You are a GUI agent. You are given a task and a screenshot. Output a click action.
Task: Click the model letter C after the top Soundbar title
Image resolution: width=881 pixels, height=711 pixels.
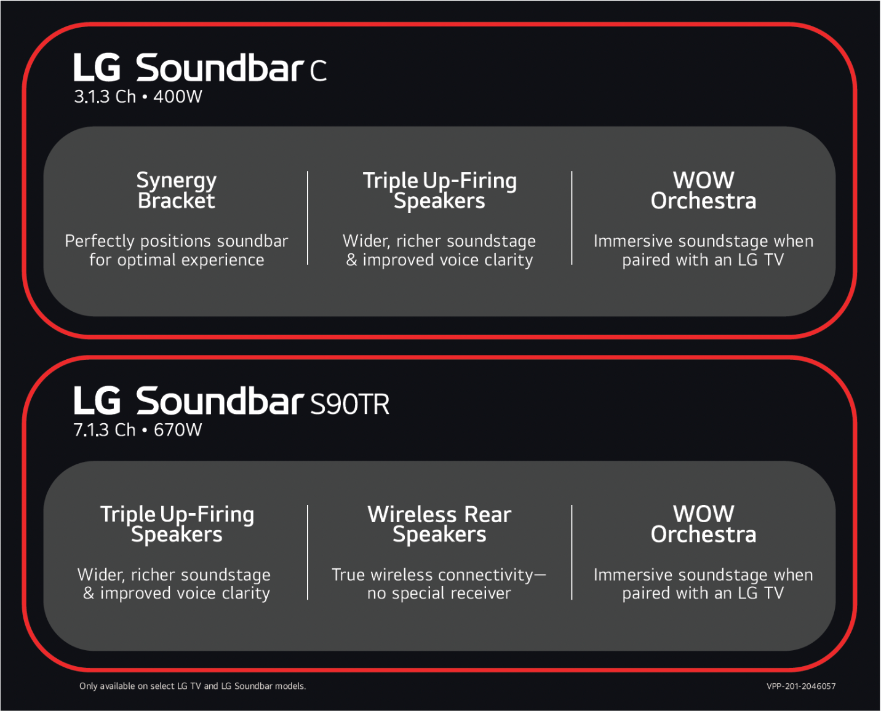pyautogui.click(x=318, y=70)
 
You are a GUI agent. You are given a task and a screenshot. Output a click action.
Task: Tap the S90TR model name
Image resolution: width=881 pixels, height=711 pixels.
pyautogui.click(x=349, y=404)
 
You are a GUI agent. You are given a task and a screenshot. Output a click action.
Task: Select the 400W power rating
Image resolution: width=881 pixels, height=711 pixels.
pyautogui.click(x=178, y=97)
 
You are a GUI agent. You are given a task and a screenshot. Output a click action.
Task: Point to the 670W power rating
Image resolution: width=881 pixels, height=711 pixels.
pyautogui.click(x=178, y=430)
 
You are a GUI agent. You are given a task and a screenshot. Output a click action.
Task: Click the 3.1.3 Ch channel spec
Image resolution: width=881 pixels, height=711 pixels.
pyautogui.click(x=105, y=97)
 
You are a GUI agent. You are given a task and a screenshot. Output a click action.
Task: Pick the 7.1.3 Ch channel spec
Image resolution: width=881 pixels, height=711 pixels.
pyautogui.click(x=105, y=430)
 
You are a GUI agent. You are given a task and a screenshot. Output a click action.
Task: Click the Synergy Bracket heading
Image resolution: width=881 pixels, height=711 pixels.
pyautogui.click(x=177, y=191)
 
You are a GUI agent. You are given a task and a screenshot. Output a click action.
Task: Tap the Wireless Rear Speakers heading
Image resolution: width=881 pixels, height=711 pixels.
pyautogui.click(x=440, y=524)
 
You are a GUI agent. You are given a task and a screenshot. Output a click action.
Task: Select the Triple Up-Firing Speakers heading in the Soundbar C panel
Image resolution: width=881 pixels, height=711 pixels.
pyautogui.click(x=440, y=191)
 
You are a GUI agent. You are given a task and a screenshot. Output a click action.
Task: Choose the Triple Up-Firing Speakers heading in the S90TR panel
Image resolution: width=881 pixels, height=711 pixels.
pyautogui.click(x=177, y=524)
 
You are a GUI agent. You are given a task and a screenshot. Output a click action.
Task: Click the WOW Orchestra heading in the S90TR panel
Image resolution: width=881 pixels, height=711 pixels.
pyautogui.click(x=704, y=524)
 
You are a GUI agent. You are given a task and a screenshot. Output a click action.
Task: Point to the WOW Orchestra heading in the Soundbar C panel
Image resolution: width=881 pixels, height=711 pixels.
pyautogui.click(x=704, y=191)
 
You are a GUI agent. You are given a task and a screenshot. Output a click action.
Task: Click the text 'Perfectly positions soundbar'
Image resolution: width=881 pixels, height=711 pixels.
pyautogui.click(x=177, y=241)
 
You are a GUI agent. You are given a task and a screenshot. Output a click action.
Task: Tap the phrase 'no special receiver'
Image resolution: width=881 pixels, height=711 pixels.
pyautogui.click(x=439, y=594)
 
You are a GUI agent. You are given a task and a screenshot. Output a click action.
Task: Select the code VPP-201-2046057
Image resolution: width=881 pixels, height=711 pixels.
pyautogui.click(x=801, y=686)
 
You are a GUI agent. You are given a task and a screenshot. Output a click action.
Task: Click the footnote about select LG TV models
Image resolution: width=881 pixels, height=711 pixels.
pyautogui.click(x=193, y=686)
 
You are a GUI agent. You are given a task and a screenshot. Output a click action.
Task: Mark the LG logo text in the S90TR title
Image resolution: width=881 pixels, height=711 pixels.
pyautogui.click(x=97, y=400)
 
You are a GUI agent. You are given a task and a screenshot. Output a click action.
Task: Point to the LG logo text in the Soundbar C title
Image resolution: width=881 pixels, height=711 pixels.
pyautogui.click(x=97, y=67)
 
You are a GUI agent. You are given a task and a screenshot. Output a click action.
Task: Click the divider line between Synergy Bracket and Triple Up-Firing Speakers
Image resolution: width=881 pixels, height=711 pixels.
pyautogui.click(x=308, y=218)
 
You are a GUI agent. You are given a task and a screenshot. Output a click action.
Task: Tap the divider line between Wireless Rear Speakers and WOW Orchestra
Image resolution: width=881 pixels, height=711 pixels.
pyautogui.click(x=572, y=552)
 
